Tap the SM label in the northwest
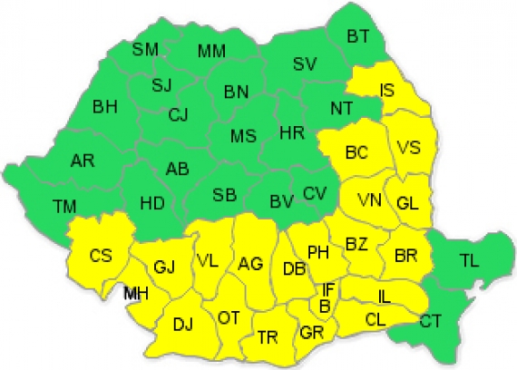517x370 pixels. point(145,49)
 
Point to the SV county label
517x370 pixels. point(304,63)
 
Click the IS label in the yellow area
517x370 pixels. point(387,90)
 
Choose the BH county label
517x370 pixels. point(105,106)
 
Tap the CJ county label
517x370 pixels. point(178,115)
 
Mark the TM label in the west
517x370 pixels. point(64,207)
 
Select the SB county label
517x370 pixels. point(224,196)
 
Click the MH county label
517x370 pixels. point(136,292)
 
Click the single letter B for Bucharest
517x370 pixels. point(324,306)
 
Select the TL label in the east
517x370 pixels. point(469,261)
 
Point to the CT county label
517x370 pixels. point(431,319)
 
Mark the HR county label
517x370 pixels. point(291,133)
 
